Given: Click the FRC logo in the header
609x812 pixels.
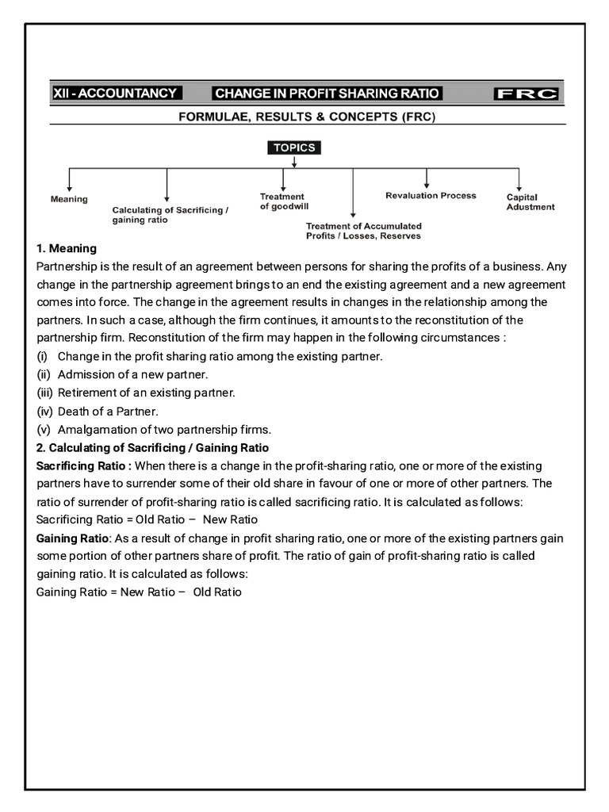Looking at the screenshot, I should click(527, 94).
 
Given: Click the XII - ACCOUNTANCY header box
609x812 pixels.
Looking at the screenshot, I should click(115, 94).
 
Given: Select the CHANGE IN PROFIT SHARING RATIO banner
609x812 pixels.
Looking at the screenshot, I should click(327, 94).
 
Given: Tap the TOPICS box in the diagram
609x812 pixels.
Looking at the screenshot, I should click(294, 147).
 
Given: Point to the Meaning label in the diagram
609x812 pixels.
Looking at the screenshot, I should click(69, 199).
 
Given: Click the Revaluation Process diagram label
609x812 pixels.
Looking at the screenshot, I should click(431, 195).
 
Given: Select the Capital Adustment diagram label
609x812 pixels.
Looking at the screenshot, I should click(530, 202).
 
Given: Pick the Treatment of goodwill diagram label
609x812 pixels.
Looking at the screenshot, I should click(283, 201).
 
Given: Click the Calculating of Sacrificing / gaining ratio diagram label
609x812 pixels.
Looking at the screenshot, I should click(170, 215).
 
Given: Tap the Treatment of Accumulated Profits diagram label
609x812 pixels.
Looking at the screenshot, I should click(364, 231).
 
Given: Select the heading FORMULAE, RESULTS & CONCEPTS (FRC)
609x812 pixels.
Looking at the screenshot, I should click(306, 117).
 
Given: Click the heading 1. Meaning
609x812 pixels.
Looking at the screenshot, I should click(67, 248).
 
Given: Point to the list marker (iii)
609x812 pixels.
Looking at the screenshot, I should click(45, 393).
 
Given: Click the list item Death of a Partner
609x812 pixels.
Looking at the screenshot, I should click(108, 411).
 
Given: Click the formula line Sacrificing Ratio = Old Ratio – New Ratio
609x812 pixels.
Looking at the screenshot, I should click(147, 519).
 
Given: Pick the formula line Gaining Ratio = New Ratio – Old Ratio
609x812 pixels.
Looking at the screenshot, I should click(139, 592).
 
